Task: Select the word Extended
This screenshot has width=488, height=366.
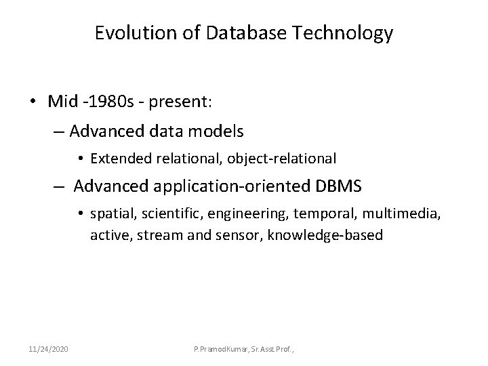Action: tap(119, 159)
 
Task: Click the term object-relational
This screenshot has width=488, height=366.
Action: tap(284, 159)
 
